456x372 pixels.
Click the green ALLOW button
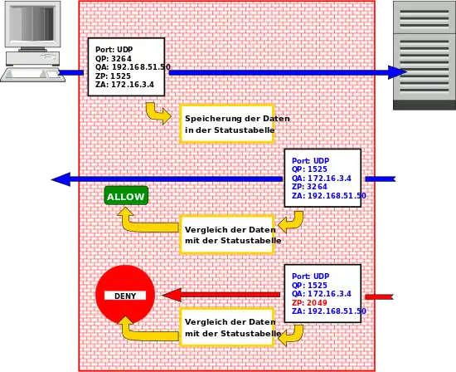(126, 196)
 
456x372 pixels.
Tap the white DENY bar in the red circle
(125, 296)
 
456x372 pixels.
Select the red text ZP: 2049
(309, 303)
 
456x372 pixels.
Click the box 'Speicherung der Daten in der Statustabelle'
(227, 124)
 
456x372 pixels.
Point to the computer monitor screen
(32, 23)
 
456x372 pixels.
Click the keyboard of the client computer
(32, 75)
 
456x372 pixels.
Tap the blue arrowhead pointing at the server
(397, 72)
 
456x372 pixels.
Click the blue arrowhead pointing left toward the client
(61, 179)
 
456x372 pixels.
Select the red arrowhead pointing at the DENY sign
(172, 295)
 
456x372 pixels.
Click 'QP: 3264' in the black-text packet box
(114, 59)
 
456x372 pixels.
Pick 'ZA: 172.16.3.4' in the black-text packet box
(124, 85)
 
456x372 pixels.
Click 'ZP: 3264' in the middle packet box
(309, 187)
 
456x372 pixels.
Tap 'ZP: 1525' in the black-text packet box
(113, 76)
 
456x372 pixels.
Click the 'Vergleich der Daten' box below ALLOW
(227, 235)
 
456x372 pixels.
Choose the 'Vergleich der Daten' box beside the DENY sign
(227, 327)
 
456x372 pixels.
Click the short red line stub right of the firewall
(379, 296)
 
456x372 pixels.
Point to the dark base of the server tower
(424, 105)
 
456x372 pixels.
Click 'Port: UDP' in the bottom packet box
(311, 277)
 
